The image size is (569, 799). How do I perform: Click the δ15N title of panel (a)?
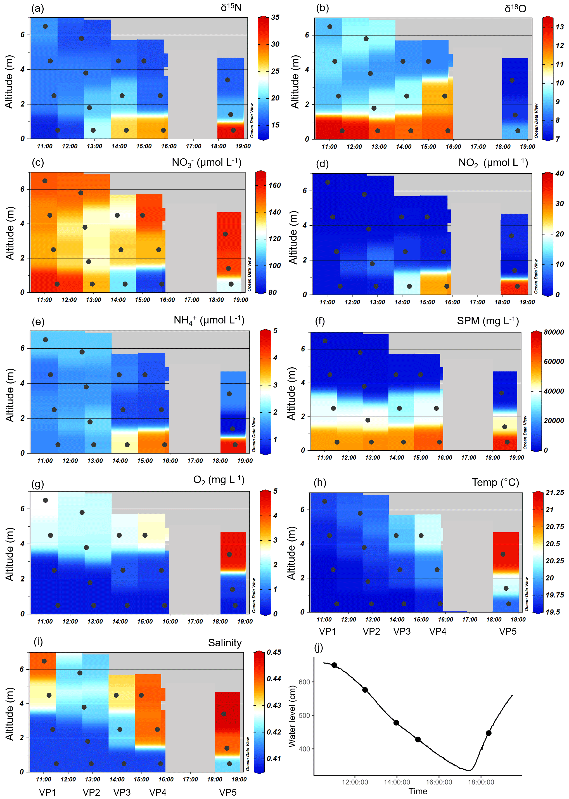pos(231,8)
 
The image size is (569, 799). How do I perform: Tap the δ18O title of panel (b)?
pos(515,8)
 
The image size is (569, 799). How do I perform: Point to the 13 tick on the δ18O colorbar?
pos(559,27)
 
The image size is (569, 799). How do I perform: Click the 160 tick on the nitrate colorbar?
pos(274,185)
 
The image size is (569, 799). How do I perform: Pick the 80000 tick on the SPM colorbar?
pos(554,332)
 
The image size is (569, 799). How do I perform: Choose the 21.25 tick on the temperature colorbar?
pos(555,493)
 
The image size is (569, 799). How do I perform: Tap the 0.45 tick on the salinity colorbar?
pos(274,652)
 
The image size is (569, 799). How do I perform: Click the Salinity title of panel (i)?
pos(225,643)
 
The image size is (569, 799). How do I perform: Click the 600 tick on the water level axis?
pos(304,682)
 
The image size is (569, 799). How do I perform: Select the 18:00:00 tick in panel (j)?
pos(481,782)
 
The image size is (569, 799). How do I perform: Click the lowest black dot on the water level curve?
pos(418,739)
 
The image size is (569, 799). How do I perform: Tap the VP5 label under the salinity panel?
pos(228,792)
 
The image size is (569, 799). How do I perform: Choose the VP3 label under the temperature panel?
pos(402,632)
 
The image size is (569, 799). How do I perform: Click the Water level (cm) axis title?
pos(292,716)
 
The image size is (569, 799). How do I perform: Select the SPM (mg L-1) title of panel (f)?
pos(488,321)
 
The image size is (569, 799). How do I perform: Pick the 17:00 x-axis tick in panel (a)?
pos(193,146)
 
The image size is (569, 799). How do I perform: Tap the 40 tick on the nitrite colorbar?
pos(559,173)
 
